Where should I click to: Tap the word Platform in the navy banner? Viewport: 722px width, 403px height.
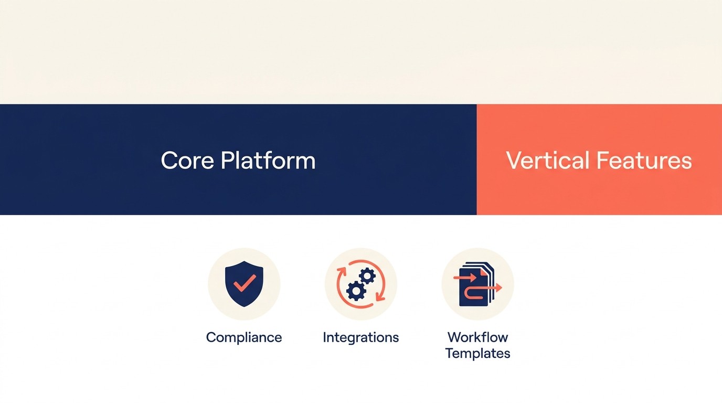pyautogui.click(x=268, y=161)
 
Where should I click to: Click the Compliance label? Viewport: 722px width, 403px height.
pyautogui.click(x=244, y=337)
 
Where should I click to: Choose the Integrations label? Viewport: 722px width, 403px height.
pyautogui.click(x=361, y=337)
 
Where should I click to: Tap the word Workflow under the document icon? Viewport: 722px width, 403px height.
pyautogui.click(x=477, y=337)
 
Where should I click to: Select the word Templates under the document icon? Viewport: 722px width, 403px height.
pyautogui.click(x=477, y=353)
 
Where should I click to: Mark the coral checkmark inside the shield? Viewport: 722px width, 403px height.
pyautogui.click(x=245, y=283)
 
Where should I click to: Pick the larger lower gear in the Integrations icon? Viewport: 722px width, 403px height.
pyautogui.click(x=356, y=290)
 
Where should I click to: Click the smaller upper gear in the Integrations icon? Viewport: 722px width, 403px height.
pyautogui.click(x=367, y=276)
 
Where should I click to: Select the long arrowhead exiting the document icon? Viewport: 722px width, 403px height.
pyautogui.click(x=498, y=288)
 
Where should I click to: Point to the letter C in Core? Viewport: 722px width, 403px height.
pyautogui.click(x=169, y=161)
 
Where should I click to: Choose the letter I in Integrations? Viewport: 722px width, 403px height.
pyautogui.click(x=325, y=337)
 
